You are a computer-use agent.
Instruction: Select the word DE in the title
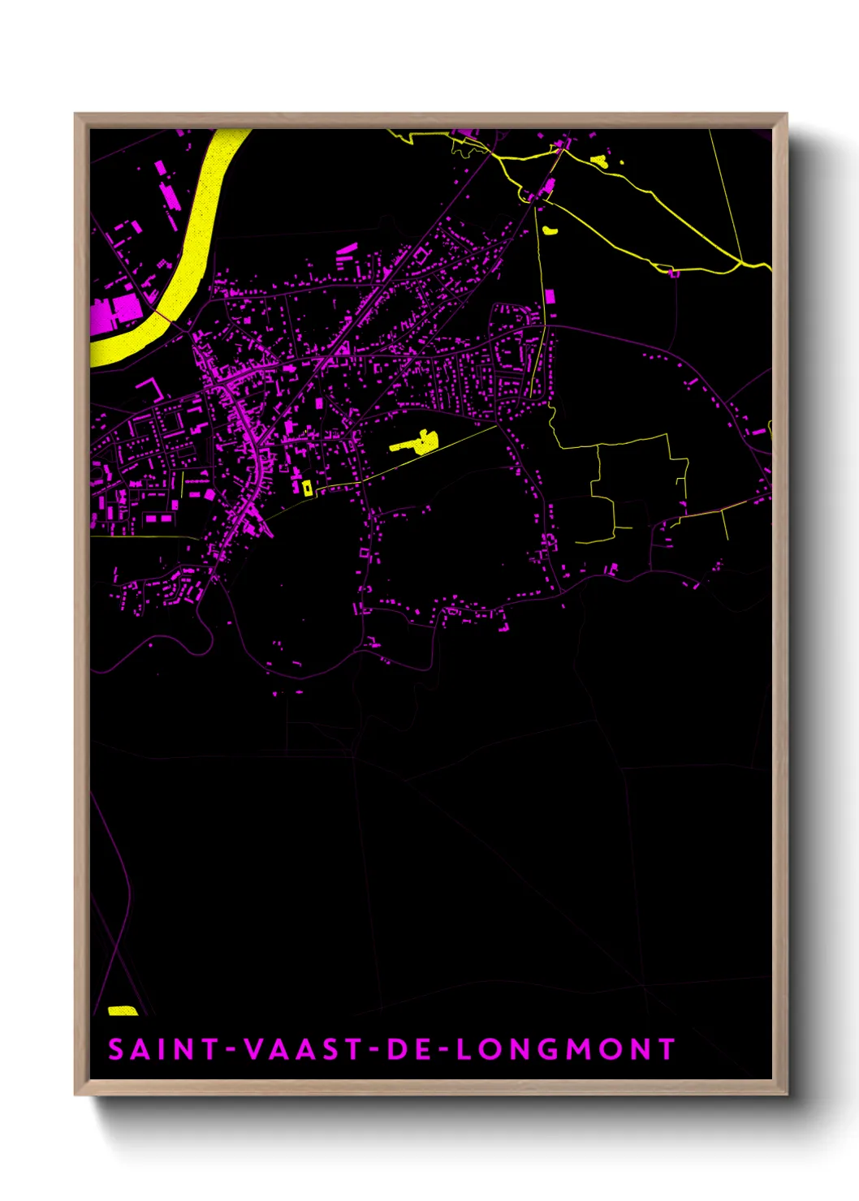[411, 1049]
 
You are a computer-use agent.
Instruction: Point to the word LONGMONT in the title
[566, 1049]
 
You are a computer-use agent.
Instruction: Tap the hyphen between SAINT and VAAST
[231, 1050]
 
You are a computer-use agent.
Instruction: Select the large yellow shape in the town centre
[417, 442]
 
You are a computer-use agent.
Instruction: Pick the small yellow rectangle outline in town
[307, 488]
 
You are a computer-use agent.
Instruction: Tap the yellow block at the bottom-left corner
[123, 1010]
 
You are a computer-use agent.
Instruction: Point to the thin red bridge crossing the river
[163, 316]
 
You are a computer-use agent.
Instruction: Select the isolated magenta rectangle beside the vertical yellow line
[550, 296]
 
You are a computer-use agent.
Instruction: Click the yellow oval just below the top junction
[550, 230]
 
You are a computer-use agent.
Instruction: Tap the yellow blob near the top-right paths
[598, 160]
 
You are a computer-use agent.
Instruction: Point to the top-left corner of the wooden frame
[76, 114]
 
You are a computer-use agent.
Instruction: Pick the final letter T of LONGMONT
[667, 1049]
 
